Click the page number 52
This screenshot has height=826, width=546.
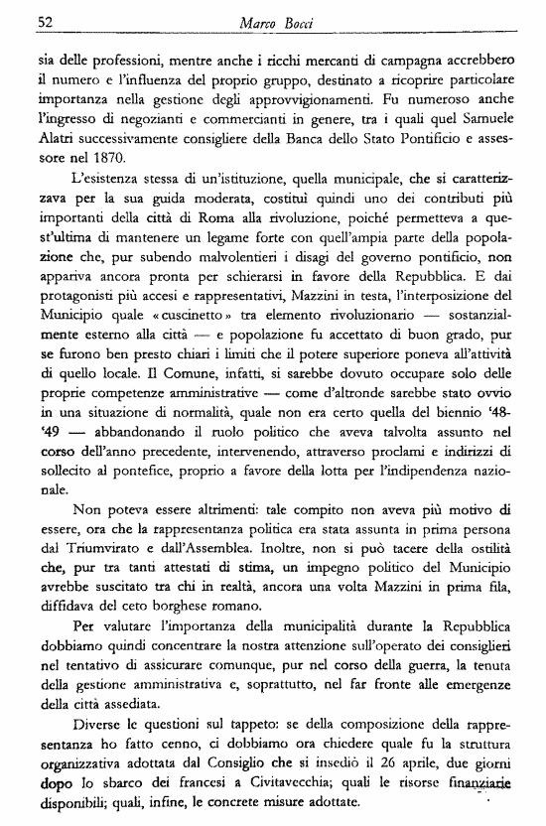[x=45, y=21]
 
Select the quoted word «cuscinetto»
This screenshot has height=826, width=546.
[x=160, y=295]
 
